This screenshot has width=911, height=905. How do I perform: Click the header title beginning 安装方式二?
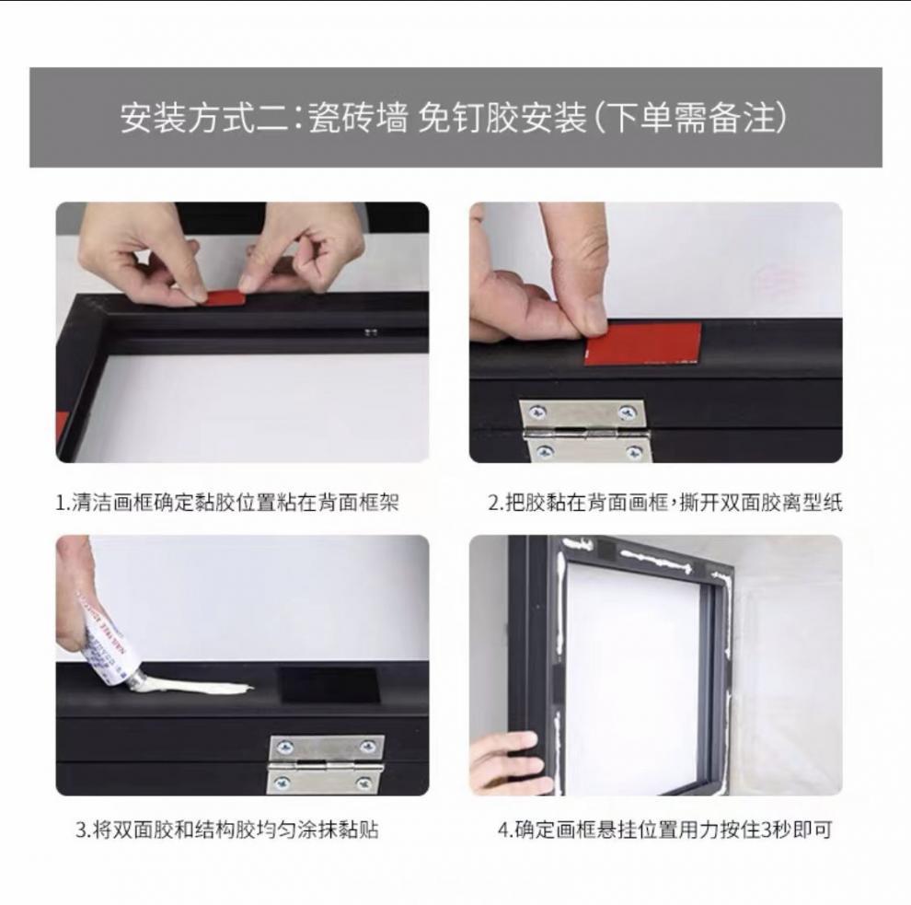pyautogui.click(x=454, y=118)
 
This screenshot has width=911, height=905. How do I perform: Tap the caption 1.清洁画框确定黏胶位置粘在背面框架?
pyautogui.click(x=227, y=502)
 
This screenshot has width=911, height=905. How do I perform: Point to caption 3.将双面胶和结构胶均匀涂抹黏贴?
pyautogui.click(x=227, y=829)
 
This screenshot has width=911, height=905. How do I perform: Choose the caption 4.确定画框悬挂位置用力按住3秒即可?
pyautogui.click(x=664, y=829)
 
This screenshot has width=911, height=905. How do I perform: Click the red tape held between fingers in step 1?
pyautogui.click(x=224, y=297)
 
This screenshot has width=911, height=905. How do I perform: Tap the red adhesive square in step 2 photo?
pyautogui.click(x=642, y=343)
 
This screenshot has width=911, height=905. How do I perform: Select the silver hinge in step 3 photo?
pyautogui.click(x=326, y=764)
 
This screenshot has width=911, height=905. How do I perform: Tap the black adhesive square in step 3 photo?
pyautogui.click(x=329, y=685)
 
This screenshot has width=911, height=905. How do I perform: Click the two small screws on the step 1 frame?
pyautogui.click(x=371, y=331)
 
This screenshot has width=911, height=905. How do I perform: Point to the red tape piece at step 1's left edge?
pyautogui.click(x=61, y=427)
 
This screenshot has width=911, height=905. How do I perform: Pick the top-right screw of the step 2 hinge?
pyautogui.click(x=628, y=412)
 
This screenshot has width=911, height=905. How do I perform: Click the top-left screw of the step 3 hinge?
pyautogui.click(x=284, y=747)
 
